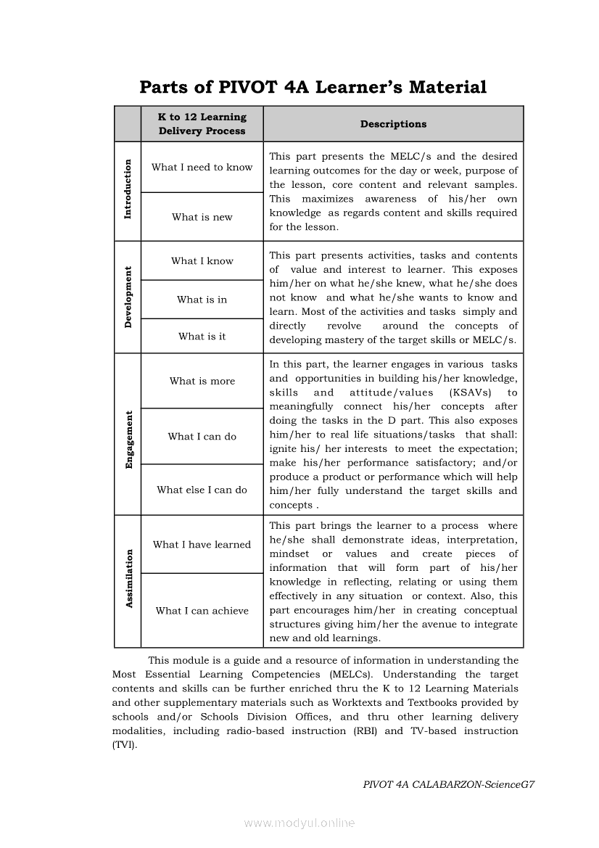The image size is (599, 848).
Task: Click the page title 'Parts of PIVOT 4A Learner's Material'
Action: pyautogui.click(x=313, y=88)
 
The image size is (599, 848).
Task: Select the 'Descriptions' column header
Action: pyautogui.click(x=393, y=124)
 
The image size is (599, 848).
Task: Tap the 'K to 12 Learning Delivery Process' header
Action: pyautogui.click(x=202, y=124)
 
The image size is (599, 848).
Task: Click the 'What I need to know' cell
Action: pyautogui.click(x=202, y=168)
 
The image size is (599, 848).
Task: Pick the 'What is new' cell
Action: pyautogui.click(x=202, y=217)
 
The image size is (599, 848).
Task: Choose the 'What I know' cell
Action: pyautogui.click(x=202, y=261)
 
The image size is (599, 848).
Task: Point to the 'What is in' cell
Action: pyautogui.click(x=202, y=300)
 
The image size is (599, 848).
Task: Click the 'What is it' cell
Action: pyautogui.click(x=202, y=337)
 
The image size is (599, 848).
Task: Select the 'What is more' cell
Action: pyautogui.click(x=202, y=382)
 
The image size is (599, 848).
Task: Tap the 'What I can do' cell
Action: pyautogui.click(x=202, y=437)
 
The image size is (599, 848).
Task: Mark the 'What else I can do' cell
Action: pyautogui.click(x=202, y=490)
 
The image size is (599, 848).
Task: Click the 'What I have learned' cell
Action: pyautogui.click(x=202, y=545)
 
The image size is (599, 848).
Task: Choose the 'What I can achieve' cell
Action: pyautogui.click(x=202, y=611)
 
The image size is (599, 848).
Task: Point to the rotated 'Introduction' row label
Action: pyautogui.click(x=128, y=189)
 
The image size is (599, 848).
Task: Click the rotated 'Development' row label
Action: pyautogui.click(x=128, y=297)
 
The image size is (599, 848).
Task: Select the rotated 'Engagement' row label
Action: pyautogui.click(x=128, y=440)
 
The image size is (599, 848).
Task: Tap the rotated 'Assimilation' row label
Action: pyautogui.click(x=128, y=579)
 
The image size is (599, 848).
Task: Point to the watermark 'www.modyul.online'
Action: pyautogui.click(x=299, y=823)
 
